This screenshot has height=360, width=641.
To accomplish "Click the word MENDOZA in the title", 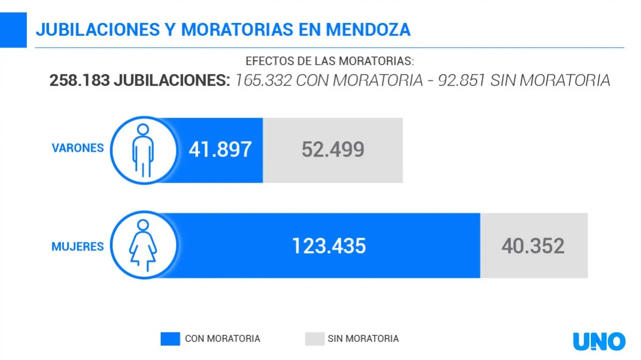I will (368, 30).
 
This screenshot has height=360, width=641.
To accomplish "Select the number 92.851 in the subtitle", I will (462, 81).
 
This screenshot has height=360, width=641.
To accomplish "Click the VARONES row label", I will (77, 148).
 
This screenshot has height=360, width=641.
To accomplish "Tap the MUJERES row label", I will (77, 247).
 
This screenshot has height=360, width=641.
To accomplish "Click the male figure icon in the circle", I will (143, 150).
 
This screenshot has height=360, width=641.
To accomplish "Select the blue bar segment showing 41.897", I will (220, 150).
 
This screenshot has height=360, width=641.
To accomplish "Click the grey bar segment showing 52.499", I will (333, 150).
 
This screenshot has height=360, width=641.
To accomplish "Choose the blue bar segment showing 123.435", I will (329, 246).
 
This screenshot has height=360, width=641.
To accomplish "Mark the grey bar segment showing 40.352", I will (533, 246).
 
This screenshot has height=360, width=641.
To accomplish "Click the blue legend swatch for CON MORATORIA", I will (170, 339).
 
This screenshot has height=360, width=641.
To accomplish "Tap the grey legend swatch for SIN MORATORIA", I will (315, 339).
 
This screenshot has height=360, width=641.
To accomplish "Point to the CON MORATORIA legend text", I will (223, 339).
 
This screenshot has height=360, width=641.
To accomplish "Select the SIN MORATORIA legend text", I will (363, 339).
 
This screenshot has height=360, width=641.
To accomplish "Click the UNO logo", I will (599, 341).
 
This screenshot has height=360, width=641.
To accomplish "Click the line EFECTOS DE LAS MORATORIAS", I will (330, 61).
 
